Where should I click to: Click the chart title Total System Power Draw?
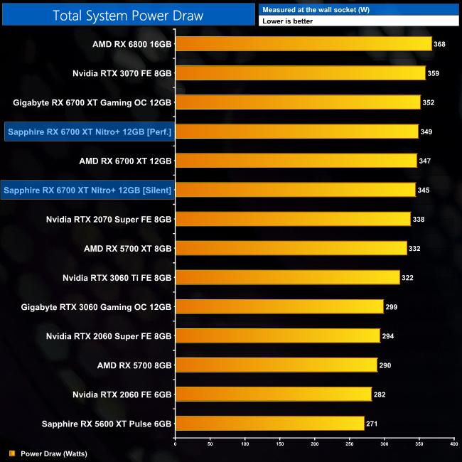[128, 14]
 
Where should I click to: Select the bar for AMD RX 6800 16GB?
[303, 44]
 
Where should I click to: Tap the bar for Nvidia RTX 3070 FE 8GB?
[300, 73]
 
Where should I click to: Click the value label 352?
[429, 102]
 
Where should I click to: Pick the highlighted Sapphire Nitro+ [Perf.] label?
[90, 131]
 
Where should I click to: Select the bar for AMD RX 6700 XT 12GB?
[296, 161]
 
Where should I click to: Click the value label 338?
[419, 219]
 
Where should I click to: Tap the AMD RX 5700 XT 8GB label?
[128, 248]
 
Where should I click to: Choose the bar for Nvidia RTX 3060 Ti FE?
[287, 277]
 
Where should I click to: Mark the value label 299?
[391, 306]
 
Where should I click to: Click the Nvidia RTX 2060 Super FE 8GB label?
[109, 335]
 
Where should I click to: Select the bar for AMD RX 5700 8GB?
[276, 365]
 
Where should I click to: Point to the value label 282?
[379, 394]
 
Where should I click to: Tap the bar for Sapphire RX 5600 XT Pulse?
[269, 423]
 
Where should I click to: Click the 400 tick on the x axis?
[453, 444]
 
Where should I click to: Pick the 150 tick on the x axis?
[280, 444]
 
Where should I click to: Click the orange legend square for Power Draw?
[12, 453]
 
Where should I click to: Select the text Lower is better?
[287, 21]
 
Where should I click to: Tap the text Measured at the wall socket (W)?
[306, 9]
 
